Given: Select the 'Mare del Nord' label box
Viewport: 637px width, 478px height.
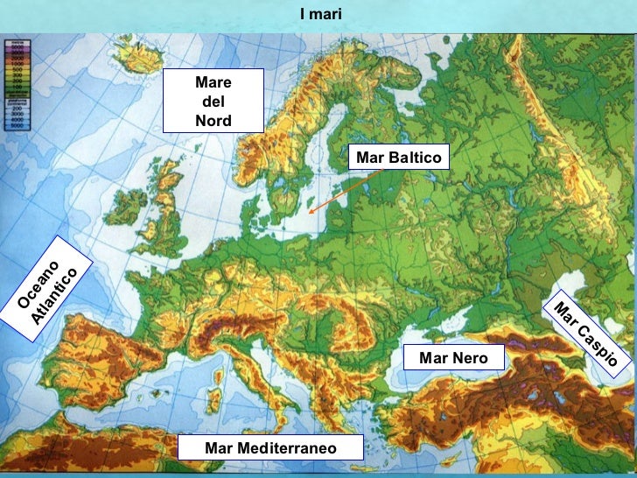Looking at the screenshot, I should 213,102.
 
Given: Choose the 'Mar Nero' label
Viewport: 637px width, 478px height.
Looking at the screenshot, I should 453,357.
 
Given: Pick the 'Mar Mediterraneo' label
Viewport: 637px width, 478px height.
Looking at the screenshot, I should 270,447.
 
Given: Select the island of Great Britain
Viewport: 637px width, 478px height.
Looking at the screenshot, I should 166,210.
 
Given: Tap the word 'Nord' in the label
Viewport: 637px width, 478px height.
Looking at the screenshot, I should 213,121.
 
